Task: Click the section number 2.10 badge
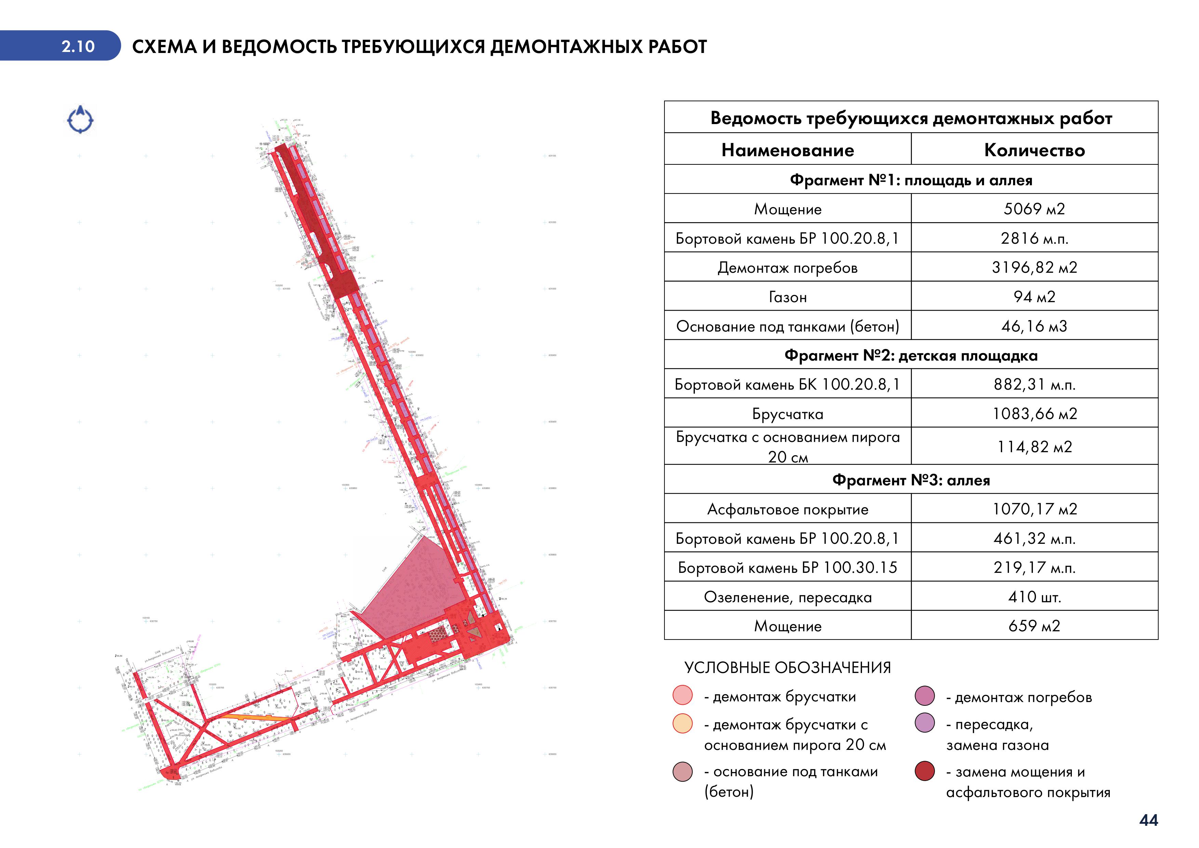[x=78, y=46]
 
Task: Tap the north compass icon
[x=80, y=120]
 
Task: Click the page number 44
[x=1148, y=820]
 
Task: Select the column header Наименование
[x=787, y=150]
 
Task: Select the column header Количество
[x=1034, y=150]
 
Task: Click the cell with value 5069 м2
[x=1034, y=209]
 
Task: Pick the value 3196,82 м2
[x=1034, y=267]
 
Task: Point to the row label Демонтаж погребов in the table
[x=787, y=268]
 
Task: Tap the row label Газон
[x=787, y=297]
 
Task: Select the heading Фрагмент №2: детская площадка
[x=911, y=355]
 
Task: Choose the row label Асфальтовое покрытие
[x=787, y=509]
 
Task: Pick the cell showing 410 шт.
[x=1034, y=597]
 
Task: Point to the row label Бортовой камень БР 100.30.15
[x=787, y=568]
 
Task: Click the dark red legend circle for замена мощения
[x=925, y=771]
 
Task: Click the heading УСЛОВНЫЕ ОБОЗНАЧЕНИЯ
[x=787, y=667]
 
